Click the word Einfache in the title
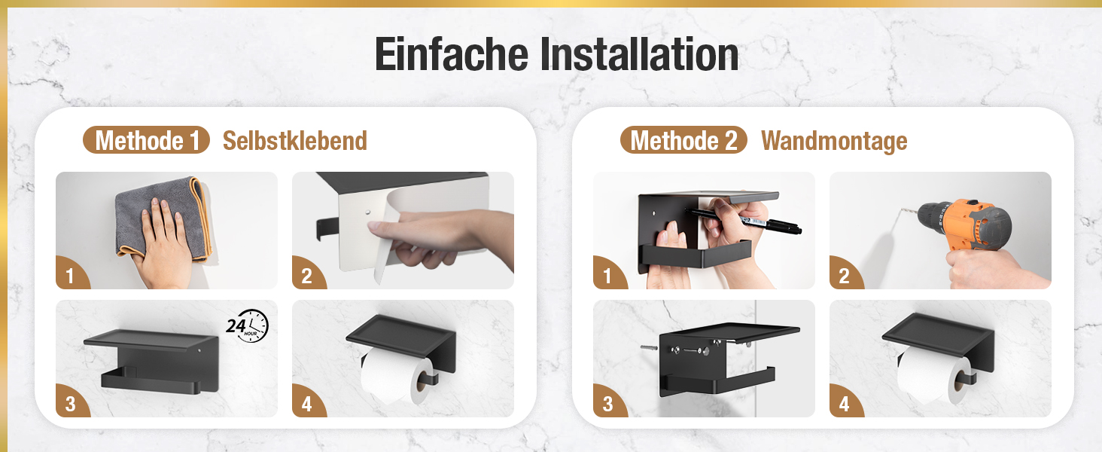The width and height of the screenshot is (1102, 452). [x=451, y=53]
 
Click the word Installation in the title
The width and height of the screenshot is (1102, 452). [x=639, y=53]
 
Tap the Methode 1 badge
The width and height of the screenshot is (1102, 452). [x=146, y=140]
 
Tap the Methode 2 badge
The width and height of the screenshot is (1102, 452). [x=683, y=140]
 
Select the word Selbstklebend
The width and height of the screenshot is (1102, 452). [x=294, y=141]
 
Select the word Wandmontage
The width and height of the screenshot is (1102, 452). [x=834, y=141]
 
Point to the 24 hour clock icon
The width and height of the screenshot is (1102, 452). [x=248, y=325]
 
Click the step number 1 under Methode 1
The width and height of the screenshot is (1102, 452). [x=70, y=276]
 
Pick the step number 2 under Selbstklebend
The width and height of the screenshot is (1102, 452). [x=306, y=276]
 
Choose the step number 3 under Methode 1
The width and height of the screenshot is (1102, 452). [x=70, y=404]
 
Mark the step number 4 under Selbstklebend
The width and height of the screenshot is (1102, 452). [x=306, y=404]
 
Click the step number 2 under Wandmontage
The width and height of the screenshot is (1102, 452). [x=845, y=276]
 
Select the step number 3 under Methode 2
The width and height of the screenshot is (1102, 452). [x=608, y=404]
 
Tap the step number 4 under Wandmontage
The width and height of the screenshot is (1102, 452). [x=845, y=404]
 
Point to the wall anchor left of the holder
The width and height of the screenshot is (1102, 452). [x=649, y=347]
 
